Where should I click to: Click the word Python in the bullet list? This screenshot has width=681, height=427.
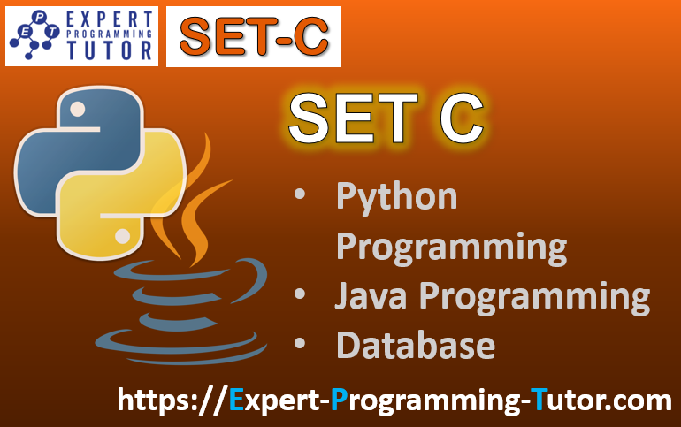(x=396, y=196)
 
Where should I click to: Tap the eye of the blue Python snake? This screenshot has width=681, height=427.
(x=77, y=110)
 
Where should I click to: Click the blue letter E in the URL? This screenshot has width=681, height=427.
(x=236, y=400)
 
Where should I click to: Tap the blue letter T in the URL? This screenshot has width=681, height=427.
(x=540, y=400)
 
